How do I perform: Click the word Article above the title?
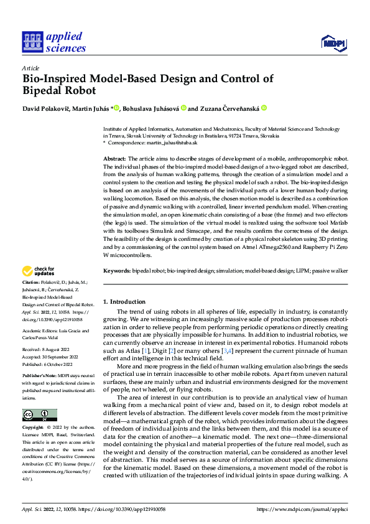[30, 68]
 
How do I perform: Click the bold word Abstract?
[114, 160]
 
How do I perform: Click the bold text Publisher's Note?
[40, 377]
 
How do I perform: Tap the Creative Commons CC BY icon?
[39, 398]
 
